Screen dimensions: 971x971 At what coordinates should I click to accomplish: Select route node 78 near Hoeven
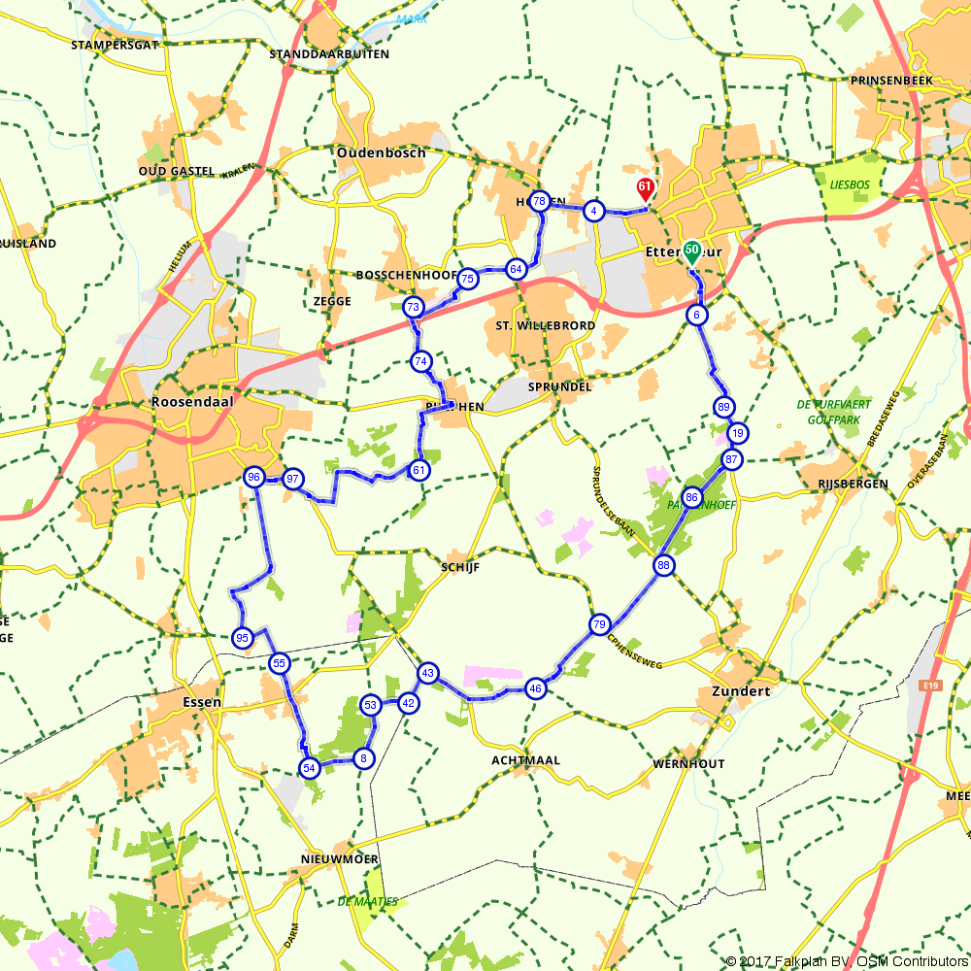pos(540,201)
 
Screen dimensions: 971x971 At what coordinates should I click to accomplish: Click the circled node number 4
pos(595,211)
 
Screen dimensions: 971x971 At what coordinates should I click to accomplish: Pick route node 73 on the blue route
pos(414,308)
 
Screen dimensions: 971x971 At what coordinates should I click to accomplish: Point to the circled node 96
pos(254,477)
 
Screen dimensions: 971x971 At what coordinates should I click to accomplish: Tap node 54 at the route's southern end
pos(310,768)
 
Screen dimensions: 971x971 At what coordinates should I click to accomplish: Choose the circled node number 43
pos(428,673)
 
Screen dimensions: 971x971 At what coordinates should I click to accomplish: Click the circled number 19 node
pos(738,433)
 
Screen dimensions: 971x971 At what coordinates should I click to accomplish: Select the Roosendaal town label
pos(187,401)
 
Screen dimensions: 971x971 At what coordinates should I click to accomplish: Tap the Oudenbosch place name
pos(382,153)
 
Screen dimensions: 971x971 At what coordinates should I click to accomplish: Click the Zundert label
pos(740,691)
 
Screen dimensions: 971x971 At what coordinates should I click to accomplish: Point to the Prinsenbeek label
pos(890,81)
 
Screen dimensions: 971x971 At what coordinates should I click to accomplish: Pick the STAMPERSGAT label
pos(114,45)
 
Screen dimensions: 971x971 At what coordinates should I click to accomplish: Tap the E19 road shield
pos(930,686)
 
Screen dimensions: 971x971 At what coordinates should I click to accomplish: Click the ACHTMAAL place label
pos(526,760)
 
